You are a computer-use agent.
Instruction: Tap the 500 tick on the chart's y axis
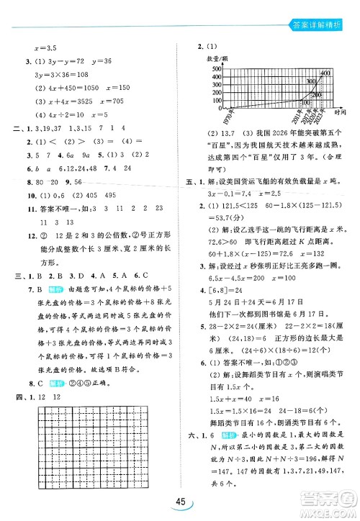click(215, 67)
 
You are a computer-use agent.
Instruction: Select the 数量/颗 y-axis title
click(217, 58)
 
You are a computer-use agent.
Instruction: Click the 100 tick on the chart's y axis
click(215, 101)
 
